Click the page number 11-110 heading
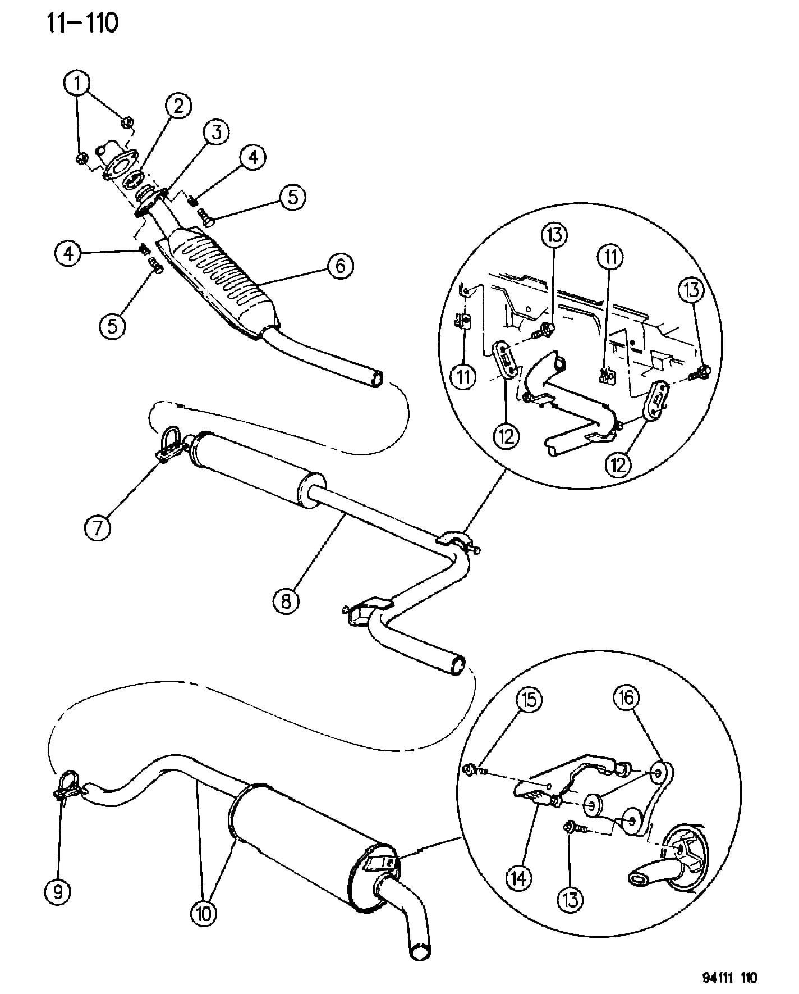click(x=82, y=24)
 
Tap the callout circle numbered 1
click(x=77, y=84)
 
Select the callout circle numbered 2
click(x=178, y=106)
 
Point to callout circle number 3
click(x=217, y=132)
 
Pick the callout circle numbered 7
click(x=98, y=528)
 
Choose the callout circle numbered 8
click(x=286, y=601)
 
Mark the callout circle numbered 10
click(x=203, y=914)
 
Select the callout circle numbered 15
click(x=530, y=700)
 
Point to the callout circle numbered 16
click(x=626, y=697)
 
